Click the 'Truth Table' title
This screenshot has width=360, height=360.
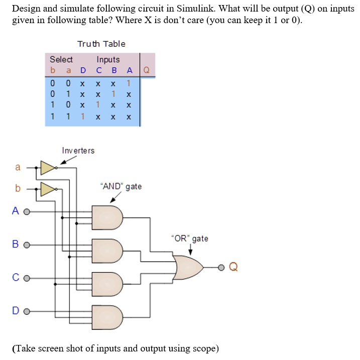click(x=101, y=44)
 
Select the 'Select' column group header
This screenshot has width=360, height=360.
click(x=61, y=59)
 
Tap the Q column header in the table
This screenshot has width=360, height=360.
click(x=147, y=70)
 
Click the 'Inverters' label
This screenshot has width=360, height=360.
click(x=78, y=150)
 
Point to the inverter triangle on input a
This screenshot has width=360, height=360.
click(x=48, y=168)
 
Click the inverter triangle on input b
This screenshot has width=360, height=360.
click(x=48, y=189)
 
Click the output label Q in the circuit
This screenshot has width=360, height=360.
click(x=233, y=267)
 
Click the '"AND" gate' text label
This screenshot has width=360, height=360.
click(x=121, y=187)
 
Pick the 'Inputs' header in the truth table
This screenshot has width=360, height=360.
click(x=108, y=59)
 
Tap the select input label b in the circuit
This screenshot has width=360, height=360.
click(x=18, y=189)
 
